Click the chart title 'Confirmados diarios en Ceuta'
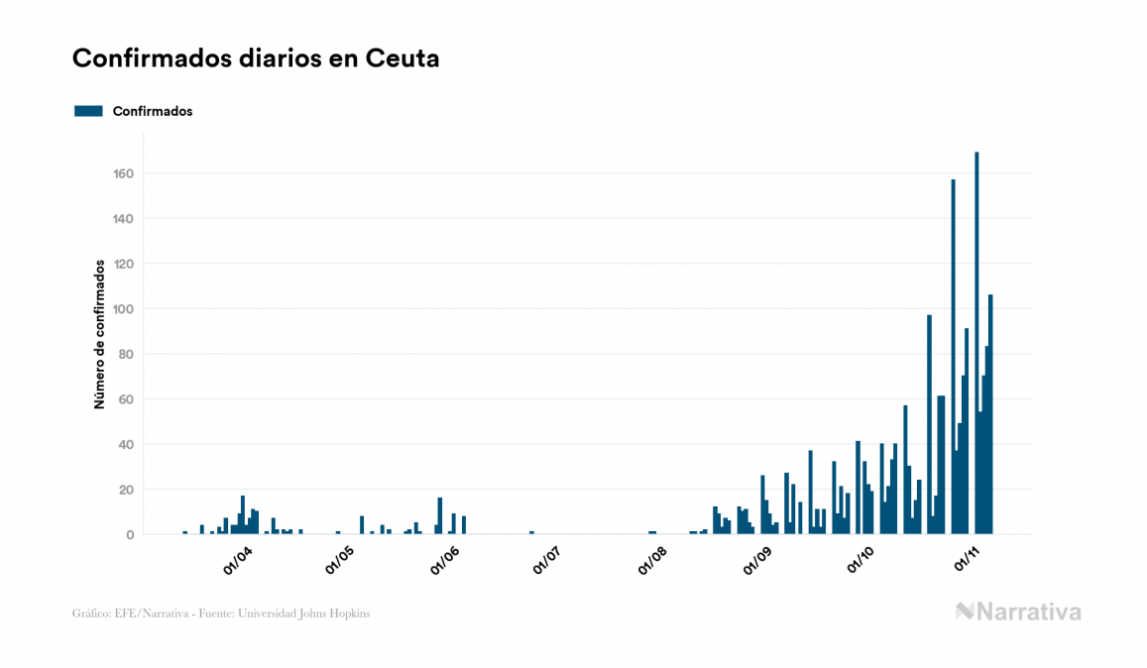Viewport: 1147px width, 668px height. point(256,58)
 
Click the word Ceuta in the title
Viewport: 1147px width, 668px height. point(402,58)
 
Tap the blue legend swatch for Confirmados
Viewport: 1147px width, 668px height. point(88,111)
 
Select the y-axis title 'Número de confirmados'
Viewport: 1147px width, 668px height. point(100,335)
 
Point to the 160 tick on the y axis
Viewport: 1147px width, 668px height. point(123,173)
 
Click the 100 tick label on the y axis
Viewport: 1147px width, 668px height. point(123,309)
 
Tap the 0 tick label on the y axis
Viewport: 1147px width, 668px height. point(130,535)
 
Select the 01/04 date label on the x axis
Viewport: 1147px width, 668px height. point(238,560)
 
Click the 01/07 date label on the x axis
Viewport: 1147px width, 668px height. point(546,560)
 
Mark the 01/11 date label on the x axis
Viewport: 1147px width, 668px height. point(967,560)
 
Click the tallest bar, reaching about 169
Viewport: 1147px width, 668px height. point(976,347)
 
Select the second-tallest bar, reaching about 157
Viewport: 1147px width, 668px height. point(953,357)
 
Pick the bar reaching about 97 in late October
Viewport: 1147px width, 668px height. point(929,426)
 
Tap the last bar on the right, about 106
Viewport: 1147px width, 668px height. point(990,416)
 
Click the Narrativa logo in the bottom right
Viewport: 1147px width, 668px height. point(1018,612)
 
